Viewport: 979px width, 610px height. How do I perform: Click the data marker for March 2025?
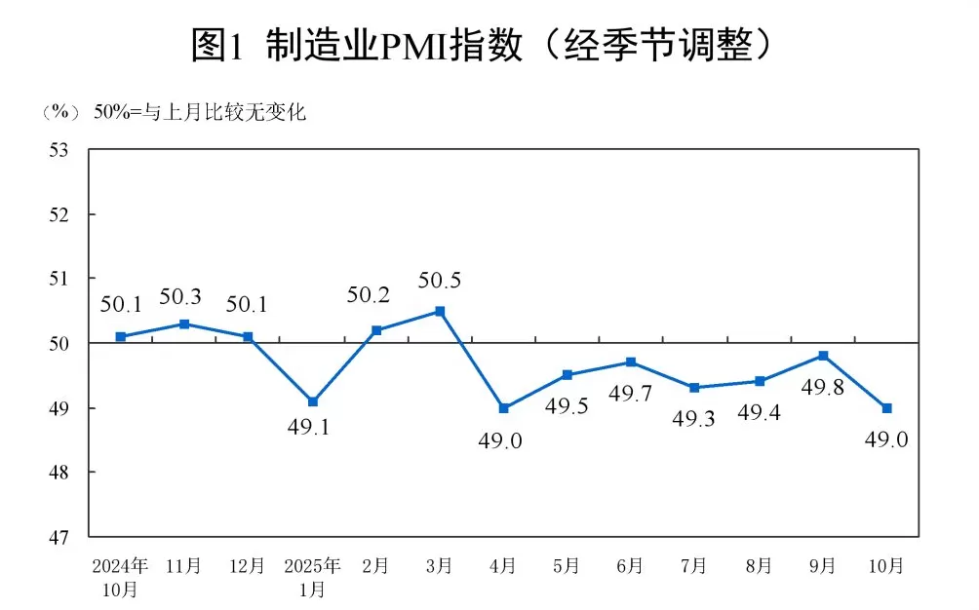(440, 311)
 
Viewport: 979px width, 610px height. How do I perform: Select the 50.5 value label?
(440, 282)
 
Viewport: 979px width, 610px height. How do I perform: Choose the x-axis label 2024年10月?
(120, 577)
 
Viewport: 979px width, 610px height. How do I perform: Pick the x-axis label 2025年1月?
(312, 577)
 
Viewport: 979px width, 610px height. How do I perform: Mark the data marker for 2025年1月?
(312, 401)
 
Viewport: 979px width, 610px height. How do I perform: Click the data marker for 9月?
(823, 356)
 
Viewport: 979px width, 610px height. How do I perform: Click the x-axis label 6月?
(631, 566)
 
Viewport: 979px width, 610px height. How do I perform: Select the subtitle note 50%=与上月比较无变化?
(200, 112)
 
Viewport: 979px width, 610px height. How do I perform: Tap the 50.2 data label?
(375, 295)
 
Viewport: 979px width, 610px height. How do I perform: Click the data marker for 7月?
(694, 388)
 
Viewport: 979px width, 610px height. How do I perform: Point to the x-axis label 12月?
(248, 566)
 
